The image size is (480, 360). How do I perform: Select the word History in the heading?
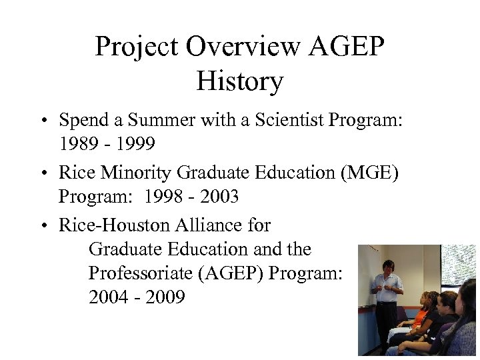point(240,82)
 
